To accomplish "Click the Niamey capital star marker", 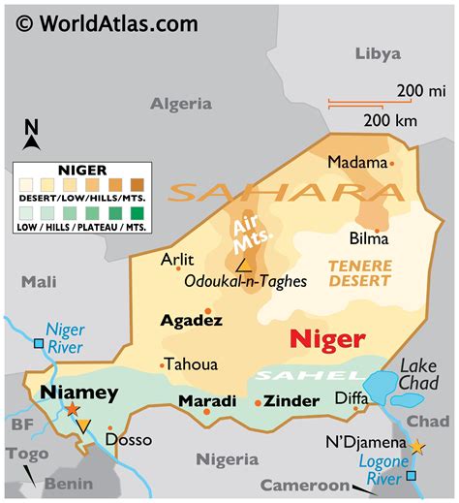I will [72, 411].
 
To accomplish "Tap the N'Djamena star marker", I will [417, 447].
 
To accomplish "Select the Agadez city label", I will [192, 320].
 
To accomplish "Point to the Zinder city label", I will [292, 401].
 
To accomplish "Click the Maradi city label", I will [207, 401].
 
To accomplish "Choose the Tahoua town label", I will [192, 364].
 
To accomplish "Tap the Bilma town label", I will [369, 238].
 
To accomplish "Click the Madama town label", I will [355, 162].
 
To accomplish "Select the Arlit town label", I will [177, 259].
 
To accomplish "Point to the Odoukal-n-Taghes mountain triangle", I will [244, 263].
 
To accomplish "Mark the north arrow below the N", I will [32, 142].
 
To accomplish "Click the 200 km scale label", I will [391, 120].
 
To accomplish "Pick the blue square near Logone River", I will [413, 476].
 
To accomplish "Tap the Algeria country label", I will [181, 104].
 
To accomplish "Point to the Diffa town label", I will [352, 397].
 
